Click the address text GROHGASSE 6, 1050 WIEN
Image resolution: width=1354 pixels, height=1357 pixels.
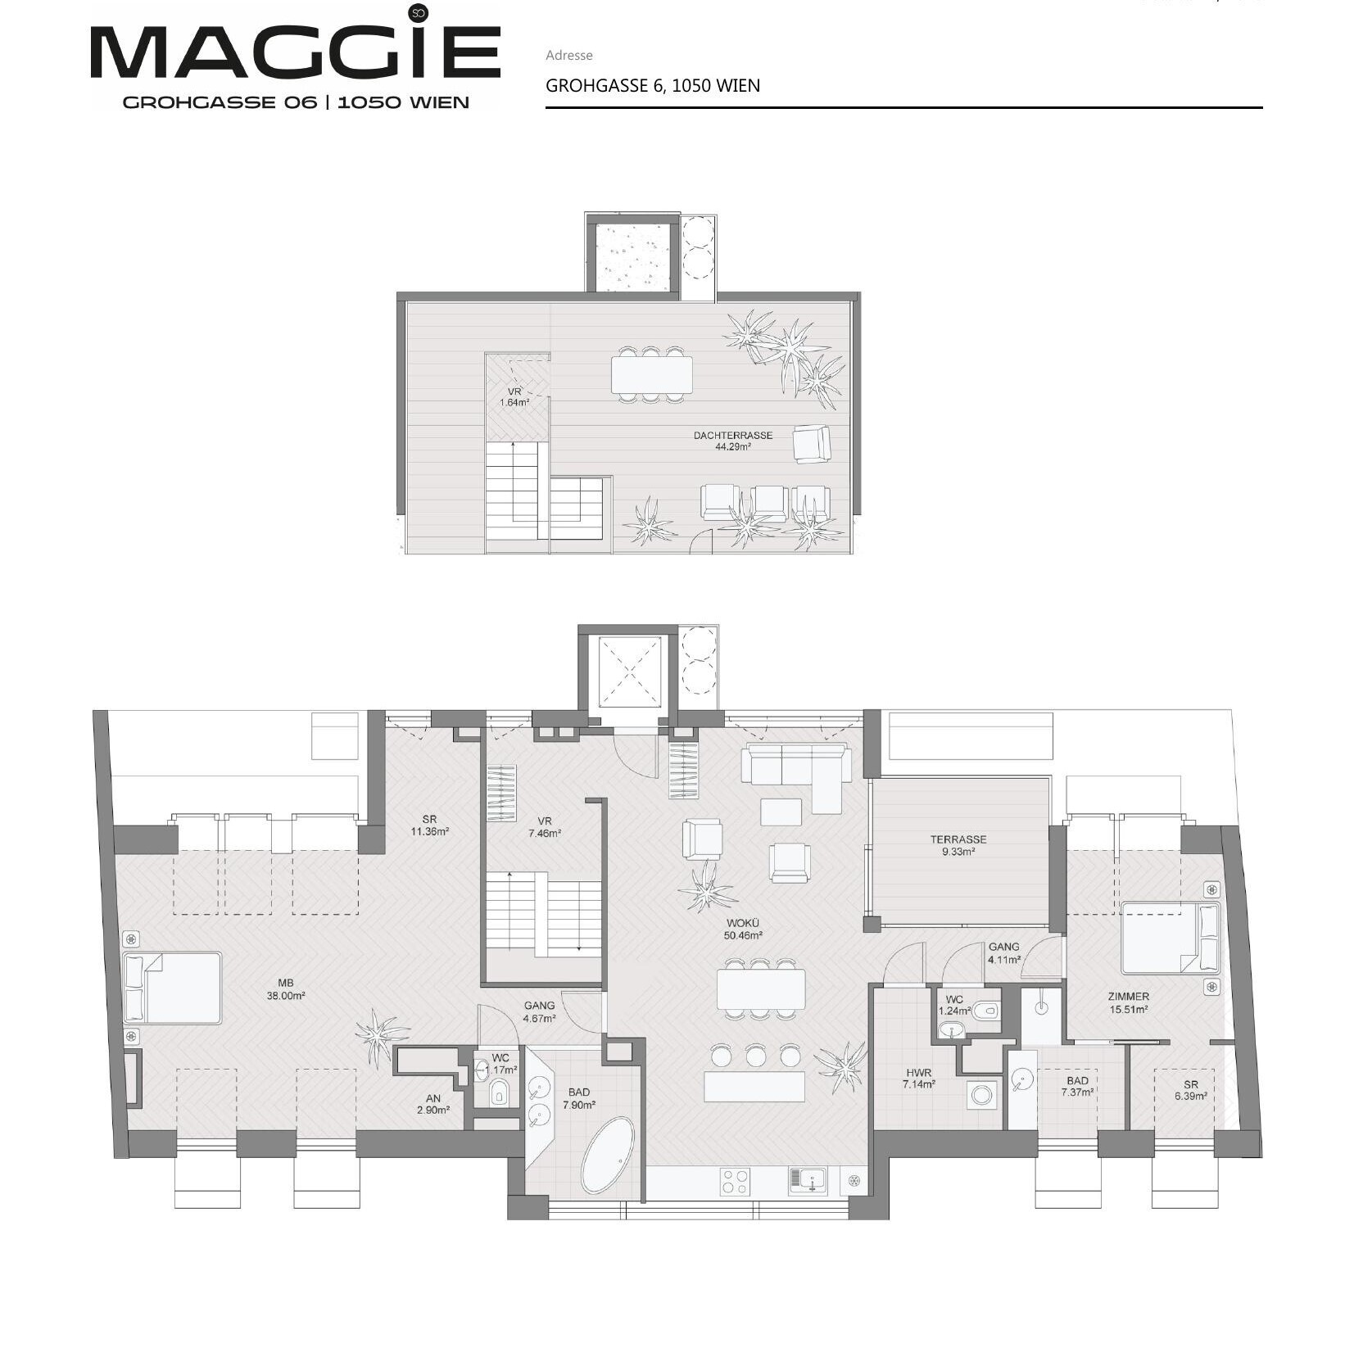point(653,85)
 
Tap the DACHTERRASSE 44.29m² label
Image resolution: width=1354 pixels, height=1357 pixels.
point(733,441)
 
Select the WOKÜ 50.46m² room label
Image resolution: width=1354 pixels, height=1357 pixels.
point(743,929)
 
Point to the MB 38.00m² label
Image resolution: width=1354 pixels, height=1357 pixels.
point(286,989)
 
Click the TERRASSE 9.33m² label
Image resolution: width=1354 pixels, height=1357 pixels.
point(958,845)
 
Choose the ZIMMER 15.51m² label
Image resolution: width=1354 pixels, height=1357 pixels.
point(1128,1002)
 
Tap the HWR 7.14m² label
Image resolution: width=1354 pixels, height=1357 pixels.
point(919,1078)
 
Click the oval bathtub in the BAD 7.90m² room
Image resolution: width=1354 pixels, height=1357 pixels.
point(608,1155)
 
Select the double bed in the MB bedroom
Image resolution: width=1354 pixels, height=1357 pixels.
point(172,988)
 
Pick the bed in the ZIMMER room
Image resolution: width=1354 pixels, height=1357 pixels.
point(1171,937)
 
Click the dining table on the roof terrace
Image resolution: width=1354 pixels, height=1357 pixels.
point(651,375)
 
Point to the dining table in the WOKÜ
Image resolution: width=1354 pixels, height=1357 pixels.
point(761,989)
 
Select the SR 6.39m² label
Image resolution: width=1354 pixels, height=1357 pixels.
point(1190,1090)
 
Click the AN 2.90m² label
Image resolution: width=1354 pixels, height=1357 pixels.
point(432,1104)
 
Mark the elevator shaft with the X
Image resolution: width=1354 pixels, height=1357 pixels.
point(629,672)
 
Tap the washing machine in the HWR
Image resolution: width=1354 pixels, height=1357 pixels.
point(982,1093)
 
